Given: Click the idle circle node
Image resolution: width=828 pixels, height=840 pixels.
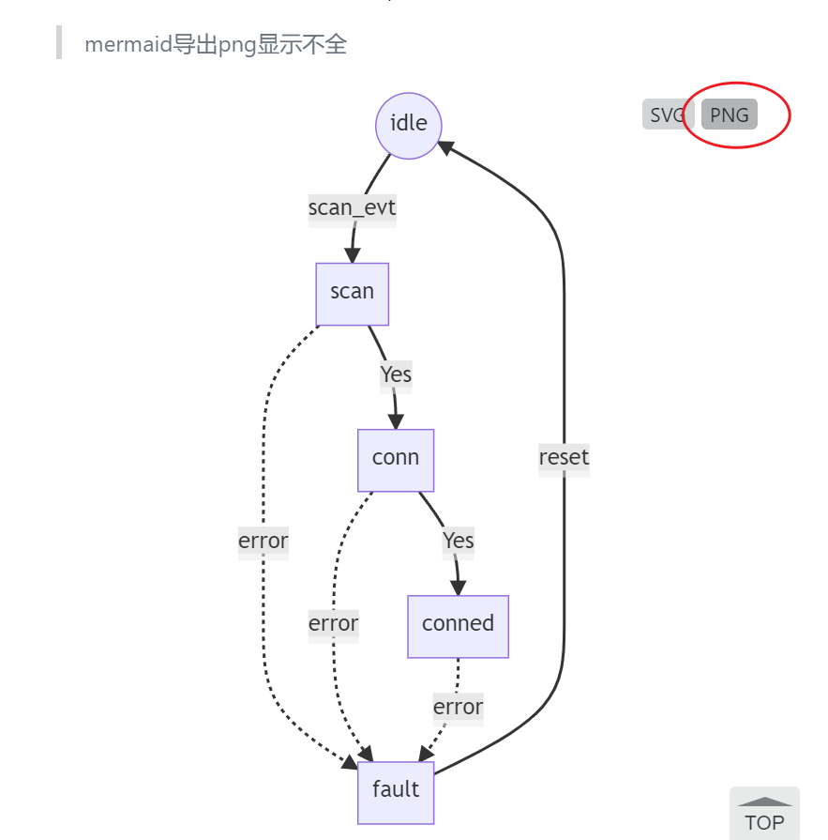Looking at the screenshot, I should coord(408,124).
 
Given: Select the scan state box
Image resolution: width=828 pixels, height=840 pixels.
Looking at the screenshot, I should coord(352,293).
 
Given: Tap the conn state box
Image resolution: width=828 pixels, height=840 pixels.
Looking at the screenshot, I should coord(396,460).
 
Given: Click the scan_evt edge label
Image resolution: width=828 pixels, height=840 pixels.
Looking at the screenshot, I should coord(352,208).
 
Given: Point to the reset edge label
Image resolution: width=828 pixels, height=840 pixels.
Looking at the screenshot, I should coord(564,458).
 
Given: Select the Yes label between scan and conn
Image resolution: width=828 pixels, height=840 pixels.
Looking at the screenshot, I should coord(396,375).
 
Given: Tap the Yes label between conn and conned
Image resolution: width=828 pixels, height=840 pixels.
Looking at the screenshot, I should coord(458,542).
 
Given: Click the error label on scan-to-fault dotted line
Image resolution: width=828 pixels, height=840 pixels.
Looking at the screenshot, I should coord(263,542).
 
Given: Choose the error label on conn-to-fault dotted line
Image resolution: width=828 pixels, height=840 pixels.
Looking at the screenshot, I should coord(333,624).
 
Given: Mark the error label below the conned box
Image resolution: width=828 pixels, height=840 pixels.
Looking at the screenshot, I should coord(458,708).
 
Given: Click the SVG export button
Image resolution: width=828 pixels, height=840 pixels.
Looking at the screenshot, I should coord(664,115).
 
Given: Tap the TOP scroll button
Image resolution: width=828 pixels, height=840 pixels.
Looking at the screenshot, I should coord(764,813).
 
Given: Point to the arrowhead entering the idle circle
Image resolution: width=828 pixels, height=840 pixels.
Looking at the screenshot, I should coord(445,146).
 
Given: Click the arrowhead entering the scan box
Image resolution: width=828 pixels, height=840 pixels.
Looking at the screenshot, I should coord(353,255).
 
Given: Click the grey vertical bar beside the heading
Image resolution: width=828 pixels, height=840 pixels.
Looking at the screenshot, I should coord(59,43).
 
